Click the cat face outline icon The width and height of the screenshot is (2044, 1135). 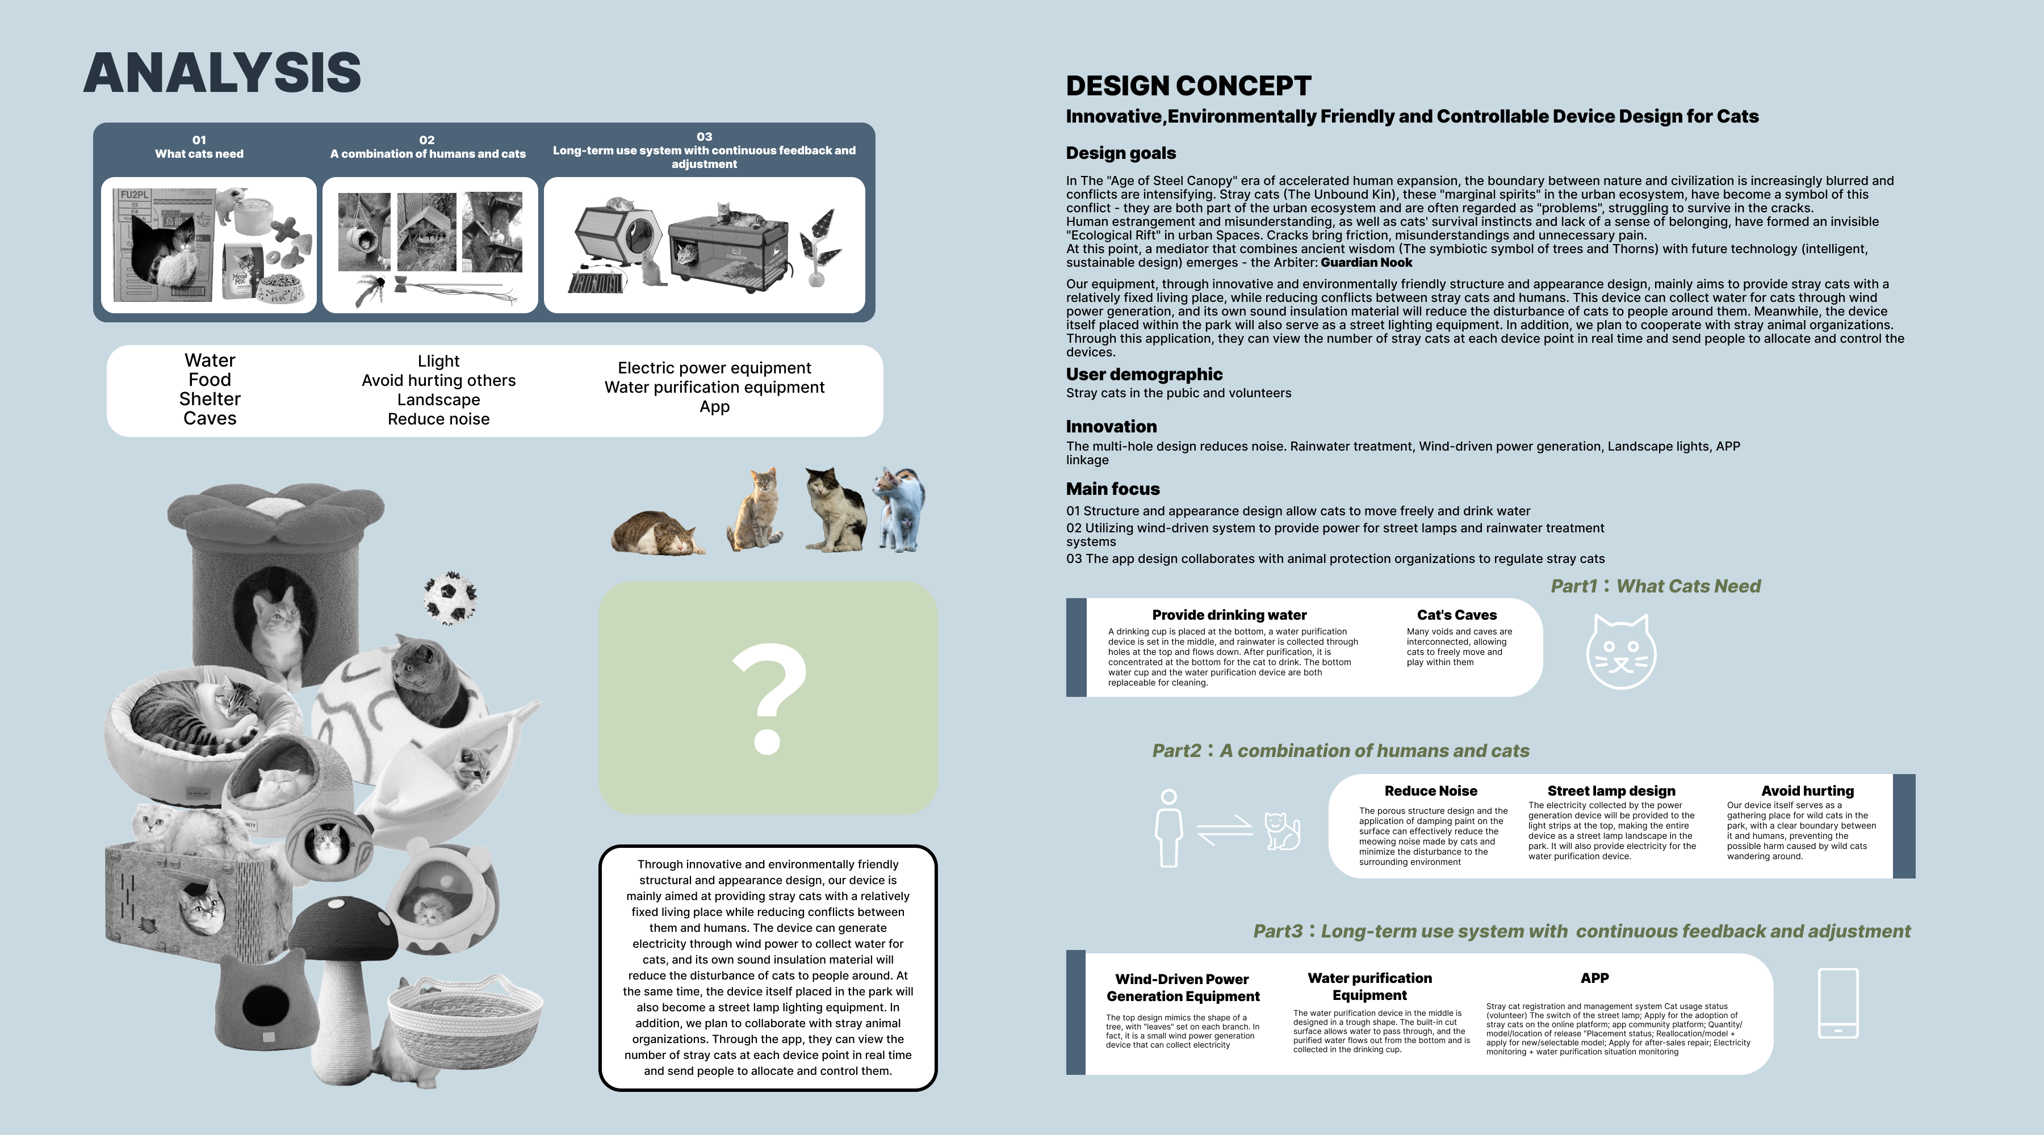tap(1620, 652)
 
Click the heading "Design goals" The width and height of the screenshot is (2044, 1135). tap(1120, 153)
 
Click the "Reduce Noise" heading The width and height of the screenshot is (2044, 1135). tap(1431, 791)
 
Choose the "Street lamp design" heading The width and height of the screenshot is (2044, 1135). tap(1611, 791)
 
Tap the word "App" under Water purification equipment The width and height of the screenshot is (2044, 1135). tap(714, 407)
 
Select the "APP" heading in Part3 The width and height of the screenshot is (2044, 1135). tap(1594, 978)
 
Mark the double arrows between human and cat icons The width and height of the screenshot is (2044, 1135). tap(1224, 830)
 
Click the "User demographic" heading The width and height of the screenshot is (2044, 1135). tap(1144, 375)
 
